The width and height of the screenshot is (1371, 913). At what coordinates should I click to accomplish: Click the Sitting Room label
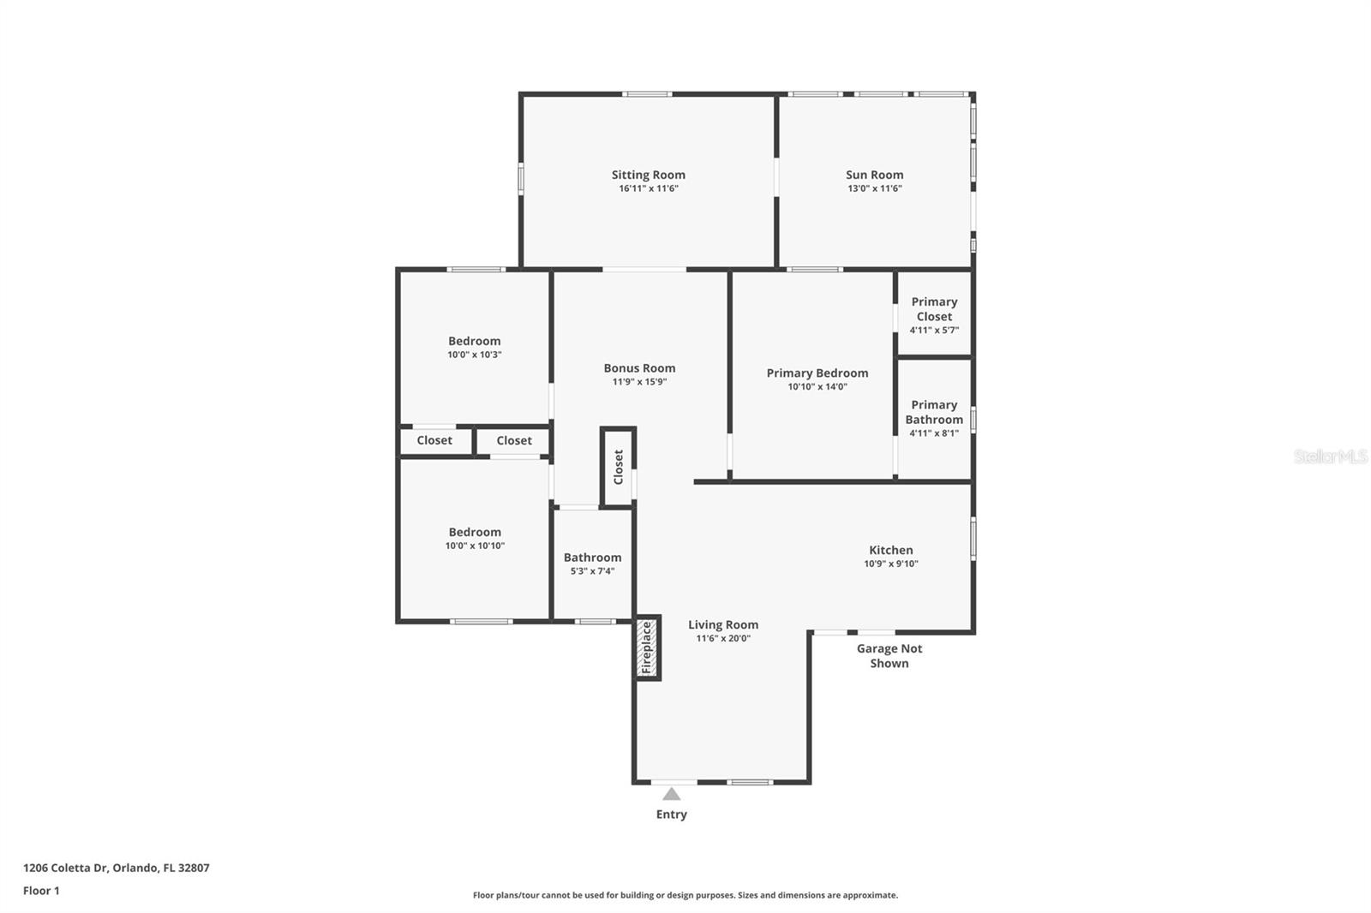pos(648,175)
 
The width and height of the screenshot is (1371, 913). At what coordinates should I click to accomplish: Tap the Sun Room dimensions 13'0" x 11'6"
pos(874,188)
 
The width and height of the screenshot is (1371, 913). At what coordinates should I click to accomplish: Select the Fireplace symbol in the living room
pos(648,648)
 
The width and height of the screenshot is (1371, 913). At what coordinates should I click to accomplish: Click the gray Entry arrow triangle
pos(671,794)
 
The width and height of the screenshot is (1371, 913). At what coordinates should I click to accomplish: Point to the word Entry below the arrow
pos(671,815)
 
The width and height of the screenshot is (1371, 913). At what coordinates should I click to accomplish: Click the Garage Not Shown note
pos(889,656)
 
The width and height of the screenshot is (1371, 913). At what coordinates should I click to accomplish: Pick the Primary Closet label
pos(934,309)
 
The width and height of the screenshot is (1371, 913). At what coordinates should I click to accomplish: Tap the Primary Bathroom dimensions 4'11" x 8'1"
pos(934,433)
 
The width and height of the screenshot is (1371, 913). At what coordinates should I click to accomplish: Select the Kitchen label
pos(891,550)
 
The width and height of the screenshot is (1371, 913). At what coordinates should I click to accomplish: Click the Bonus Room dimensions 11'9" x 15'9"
pos(639,382)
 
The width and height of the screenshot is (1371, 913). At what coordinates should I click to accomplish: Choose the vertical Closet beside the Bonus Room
pos(618,468)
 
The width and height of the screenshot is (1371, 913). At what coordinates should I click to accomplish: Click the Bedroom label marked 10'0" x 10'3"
pos(474,341)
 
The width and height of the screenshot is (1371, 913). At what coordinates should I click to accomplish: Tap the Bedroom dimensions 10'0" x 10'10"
pos(475,546)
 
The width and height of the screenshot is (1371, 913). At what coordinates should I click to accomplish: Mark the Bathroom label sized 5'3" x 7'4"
pos(592,558)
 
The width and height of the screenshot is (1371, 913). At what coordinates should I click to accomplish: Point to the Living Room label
pos(722,624)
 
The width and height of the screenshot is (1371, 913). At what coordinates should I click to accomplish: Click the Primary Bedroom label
pos(817,373)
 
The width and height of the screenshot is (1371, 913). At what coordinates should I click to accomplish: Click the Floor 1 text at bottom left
pos(41,891)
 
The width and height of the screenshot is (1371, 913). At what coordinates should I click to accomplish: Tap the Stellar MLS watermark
pos(1330,456)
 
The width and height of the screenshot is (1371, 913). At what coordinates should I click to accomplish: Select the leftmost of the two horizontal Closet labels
pos(434,440)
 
